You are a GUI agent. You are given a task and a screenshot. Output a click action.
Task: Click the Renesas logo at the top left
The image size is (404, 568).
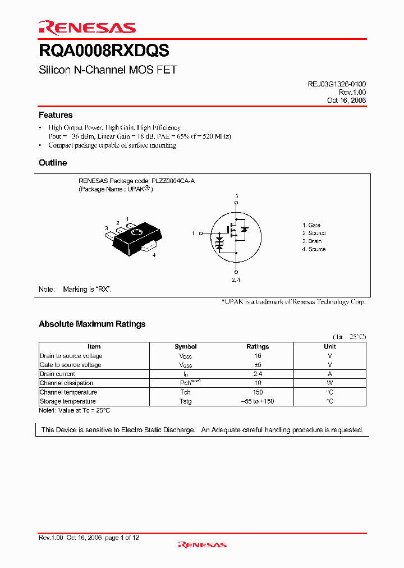point(87,28)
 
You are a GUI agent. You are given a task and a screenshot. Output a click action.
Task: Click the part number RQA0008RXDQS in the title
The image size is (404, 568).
point(104,51)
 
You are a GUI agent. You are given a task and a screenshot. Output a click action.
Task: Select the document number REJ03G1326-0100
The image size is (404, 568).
point(337,84)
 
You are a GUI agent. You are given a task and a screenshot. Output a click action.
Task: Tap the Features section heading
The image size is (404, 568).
point(56,115)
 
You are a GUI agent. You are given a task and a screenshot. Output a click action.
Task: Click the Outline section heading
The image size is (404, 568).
point(53,163)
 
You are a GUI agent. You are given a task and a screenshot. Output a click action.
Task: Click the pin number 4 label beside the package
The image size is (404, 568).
point(154,255)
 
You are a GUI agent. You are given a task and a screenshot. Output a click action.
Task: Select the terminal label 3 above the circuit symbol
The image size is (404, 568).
point(236,196)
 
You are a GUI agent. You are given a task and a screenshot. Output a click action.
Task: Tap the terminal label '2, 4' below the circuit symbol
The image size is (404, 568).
point(236,280)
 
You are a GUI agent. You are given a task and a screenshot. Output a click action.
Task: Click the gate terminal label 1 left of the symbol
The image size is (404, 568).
point(193,233)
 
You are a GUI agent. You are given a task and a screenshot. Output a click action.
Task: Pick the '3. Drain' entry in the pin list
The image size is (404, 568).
point(312,241)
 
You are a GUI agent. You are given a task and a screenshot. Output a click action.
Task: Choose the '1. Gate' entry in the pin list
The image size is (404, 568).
point(311,225)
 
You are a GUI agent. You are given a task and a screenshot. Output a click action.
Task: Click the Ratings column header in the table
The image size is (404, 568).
point(258,347)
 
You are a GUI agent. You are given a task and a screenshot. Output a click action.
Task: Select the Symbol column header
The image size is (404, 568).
point(185,347)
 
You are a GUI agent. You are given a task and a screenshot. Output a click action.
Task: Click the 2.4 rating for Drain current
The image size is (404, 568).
point(258,374)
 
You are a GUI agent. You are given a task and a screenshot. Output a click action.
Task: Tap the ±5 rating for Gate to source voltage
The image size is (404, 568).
point(258,365)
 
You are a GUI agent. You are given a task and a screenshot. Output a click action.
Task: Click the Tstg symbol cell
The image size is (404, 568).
point(185,401)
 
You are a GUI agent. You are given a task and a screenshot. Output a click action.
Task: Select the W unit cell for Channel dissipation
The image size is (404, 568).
point(330,383)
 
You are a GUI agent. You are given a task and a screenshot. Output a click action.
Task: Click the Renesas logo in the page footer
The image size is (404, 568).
point(202,544)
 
